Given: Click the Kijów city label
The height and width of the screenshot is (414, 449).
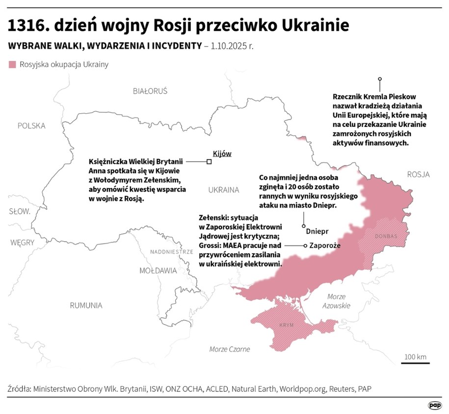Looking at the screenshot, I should click(x=222, y=153).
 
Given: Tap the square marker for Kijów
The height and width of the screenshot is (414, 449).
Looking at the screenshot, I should click(x=209, y=162).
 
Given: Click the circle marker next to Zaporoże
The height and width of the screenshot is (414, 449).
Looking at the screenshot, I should click(x=306, y=246).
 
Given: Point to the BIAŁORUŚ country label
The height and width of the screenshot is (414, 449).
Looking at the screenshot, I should click(x=150, y=91).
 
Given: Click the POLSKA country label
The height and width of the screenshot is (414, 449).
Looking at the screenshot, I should click(x=31, y=126).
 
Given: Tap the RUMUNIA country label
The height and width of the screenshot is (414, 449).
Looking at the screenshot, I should click(x=86, y=305).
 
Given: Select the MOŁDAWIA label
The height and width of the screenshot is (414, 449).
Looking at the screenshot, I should click(x=158, y=270).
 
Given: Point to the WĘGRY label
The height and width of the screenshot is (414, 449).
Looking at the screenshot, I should click(x=22, y=242).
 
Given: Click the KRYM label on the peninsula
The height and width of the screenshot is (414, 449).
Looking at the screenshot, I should click(x=286, y=325).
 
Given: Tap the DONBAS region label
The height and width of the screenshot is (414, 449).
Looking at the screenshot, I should click(x=386, y=236).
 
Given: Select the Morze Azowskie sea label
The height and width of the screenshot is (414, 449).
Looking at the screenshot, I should click(x=337, y=301).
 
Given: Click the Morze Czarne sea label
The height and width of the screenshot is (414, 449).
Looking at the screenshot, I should click(x=230, y=349).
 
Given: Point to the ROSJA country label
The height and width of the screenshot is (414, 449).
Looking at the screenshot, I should click(x=418, y=174).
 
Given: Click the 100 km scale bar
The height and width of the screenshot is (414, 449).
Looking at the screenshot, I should click(x=415, y=363).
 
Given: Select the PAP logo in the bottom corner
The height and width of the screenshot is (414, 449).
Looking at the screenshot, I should click(x=434, y=405).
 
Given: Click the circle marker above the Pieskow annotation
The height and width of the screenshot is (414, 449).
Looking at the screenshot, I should click(x=380, y=79).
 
